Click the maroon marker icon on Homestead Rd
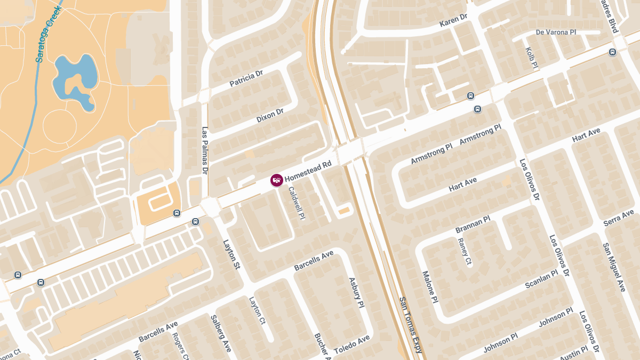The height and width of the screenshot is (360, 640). pos(276,180)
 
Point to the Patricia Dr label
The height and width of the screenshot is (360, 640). pos(246,79)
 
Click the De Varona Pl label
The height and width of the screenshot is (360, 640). pos(556,33)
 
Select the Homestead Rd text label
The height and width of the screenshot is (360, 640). pos(308,171)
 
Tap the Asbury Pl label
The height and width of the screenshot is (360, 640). pos(356,293)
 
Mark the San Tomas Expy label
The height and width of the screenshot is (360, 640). pos(411,325)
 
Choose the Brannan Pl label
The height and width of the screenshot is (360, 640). pos(473,225)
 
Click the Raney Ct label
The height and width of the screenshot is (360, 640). pos(465,251)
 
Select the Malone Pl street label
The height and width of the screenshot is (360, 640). pos(430,287)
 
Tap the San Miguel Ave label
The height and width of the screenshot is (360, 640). pos(614,267)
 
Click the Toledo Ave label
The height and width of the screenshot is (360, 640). pos(351,345)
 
